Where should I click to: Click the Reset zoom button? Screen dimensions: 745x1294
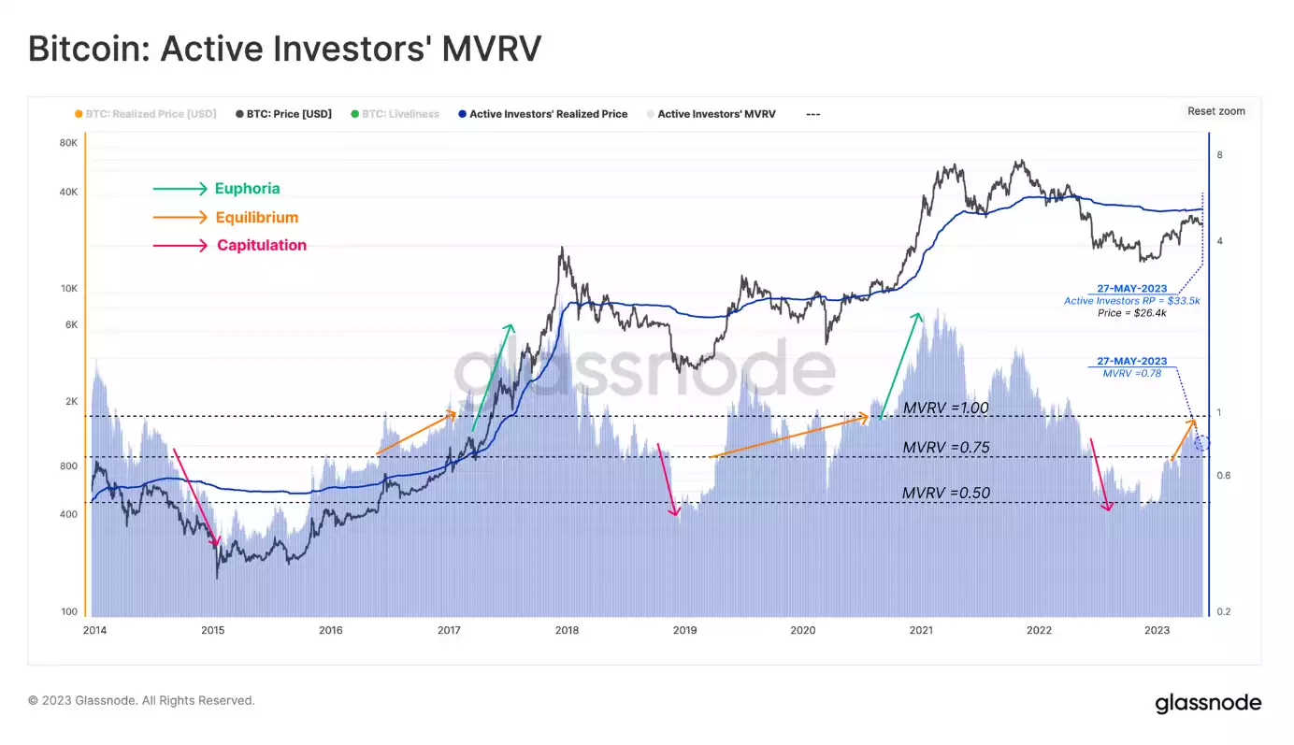(1215, 111)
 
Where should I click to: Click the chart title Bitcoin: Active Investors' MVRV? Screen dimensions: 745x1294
(284, 49)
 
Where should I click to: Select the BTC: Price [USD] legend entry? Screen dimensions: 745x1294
(289, 114)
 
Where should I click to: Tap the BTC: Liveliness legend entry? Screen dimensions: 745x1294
(400, 114)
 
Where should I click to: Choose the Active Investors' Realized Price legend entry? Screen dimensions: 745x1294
(548, 114)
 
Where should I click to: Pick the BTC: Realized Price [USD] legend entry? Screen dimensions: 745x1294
(151, 114)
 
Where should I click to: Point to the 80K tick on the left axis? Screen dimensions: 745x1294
(68, 143)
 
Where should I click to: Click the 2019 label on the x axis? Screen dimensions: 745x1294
(684, 630)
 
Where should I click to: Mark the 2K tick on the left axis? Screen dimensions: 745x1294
(70, 402)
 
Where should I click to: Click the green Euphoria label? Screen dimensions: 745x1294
(247, 189)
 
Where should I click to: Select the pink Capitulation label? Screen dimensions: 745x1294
(262, 246)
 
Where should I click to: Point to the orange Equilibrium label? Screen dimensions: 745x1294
(256, 218)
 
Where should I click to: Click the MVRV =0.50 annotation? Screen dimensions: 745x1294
(945, 493)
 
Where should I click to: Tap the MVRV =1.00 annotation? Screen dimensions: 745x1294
(945, 408)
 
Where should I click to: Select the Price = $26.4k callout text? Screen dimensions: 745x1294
(1131, 313)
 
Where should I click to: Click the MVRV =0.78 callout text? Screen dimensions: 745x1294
(1131, 374)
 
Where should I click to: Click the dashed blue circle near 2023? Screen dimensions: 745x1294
(1202, 442)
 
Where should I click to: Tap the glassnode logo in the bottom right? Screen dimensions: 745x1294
(1207, 703)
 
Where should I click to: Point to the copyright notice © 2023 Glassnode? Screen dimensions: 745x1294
(141, 700)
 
